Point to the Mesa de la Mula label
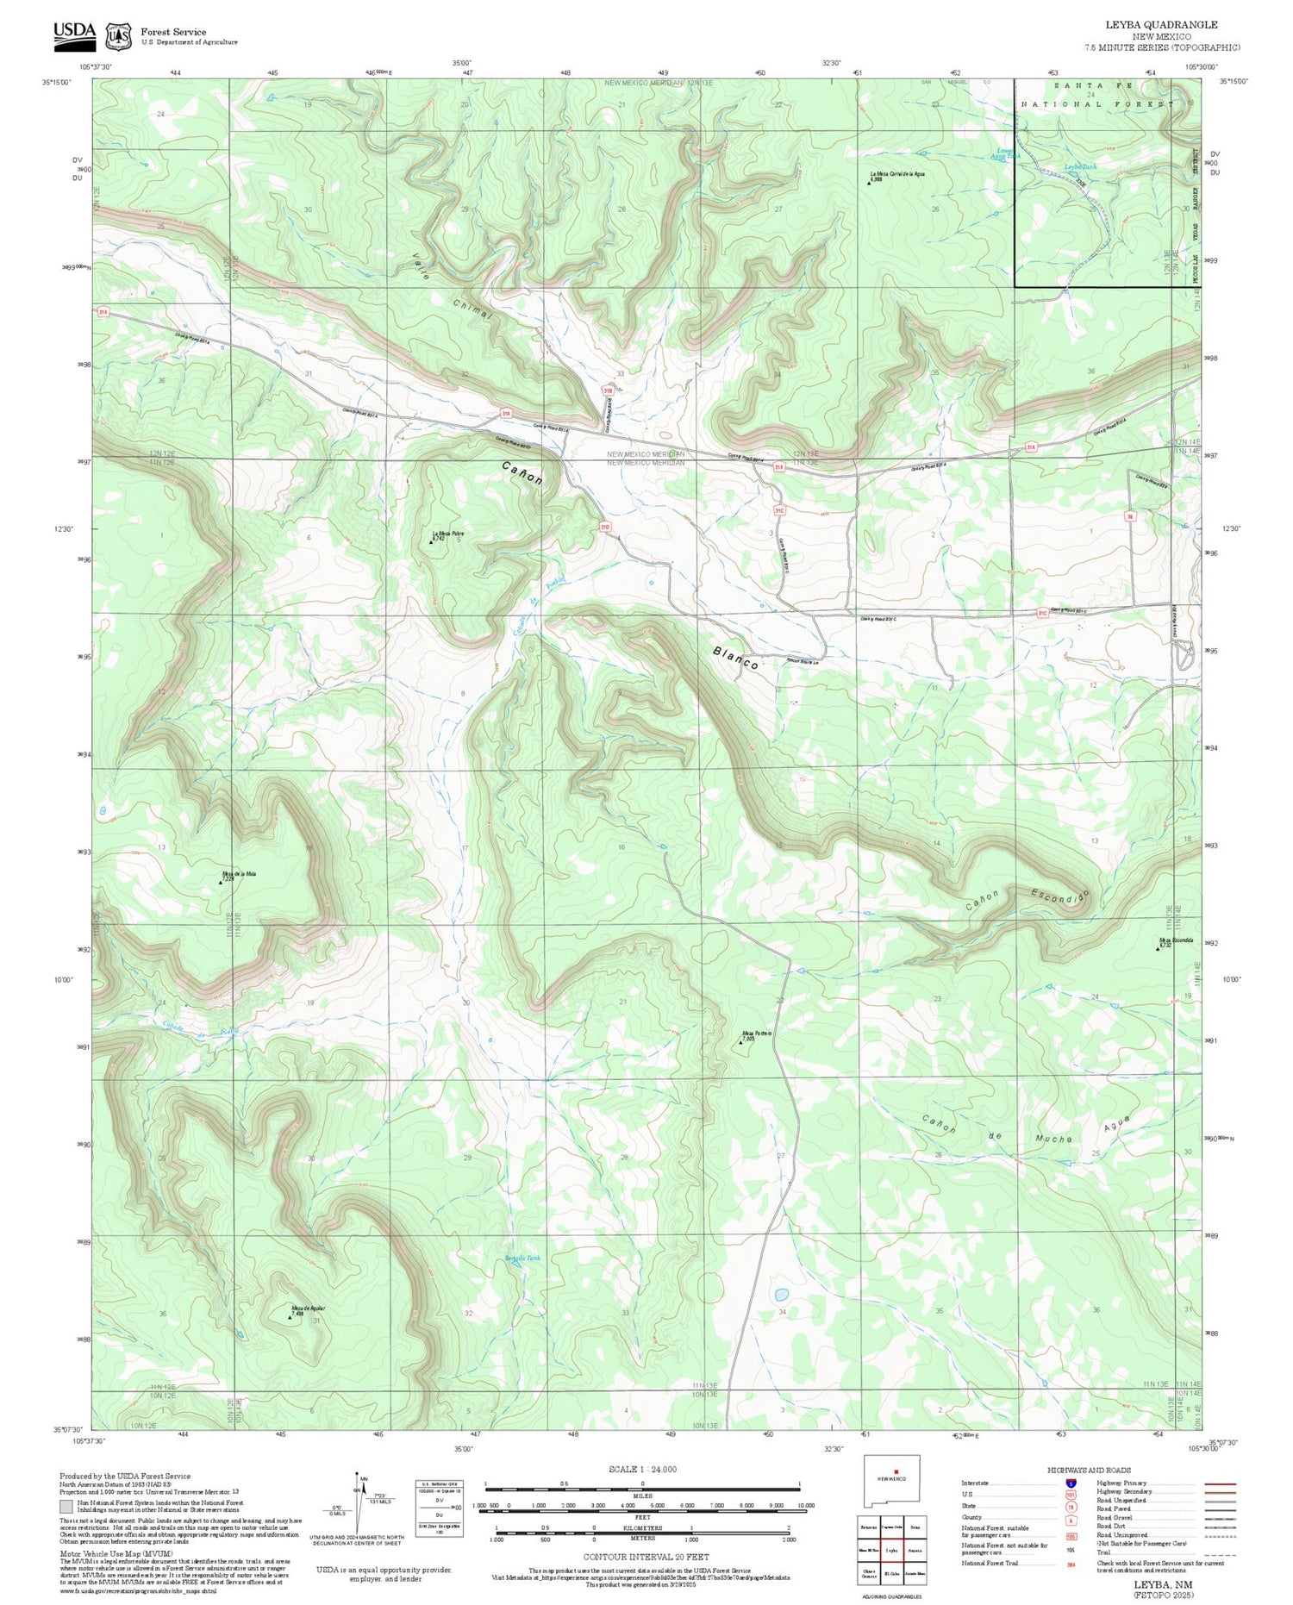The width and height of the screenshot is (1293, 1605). (239, 874)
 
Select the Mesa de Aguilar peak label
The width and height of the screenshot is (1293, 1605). (308, 1308)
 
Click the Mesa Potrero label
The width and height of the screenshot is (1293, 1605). (757, 1034)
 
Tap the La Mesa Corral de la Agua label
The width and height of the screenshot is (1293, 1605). (897, 174)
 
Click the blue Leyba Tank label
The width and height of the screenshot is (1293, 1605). (1079, 166)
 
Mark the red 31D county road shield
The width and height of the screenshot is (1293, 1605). (605, 527)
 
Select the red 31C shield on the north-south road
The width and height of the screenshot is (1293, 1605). (779, 510)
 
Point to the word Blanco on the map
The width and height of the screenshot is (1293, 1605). (735, 658)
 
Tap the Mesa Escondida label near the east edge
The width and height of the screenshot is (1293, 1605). (1176, 940)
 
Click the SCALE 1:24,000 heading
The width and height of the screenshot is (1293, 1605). (642, 1470)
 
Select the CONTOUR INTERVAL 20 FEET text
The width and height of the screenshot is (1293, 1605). (646, 1557)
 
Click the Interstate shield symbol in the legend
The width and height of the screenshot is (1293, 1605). (1070, 1483)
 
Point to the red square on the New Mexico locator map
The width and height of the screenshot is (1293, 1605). (896, 1471)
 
